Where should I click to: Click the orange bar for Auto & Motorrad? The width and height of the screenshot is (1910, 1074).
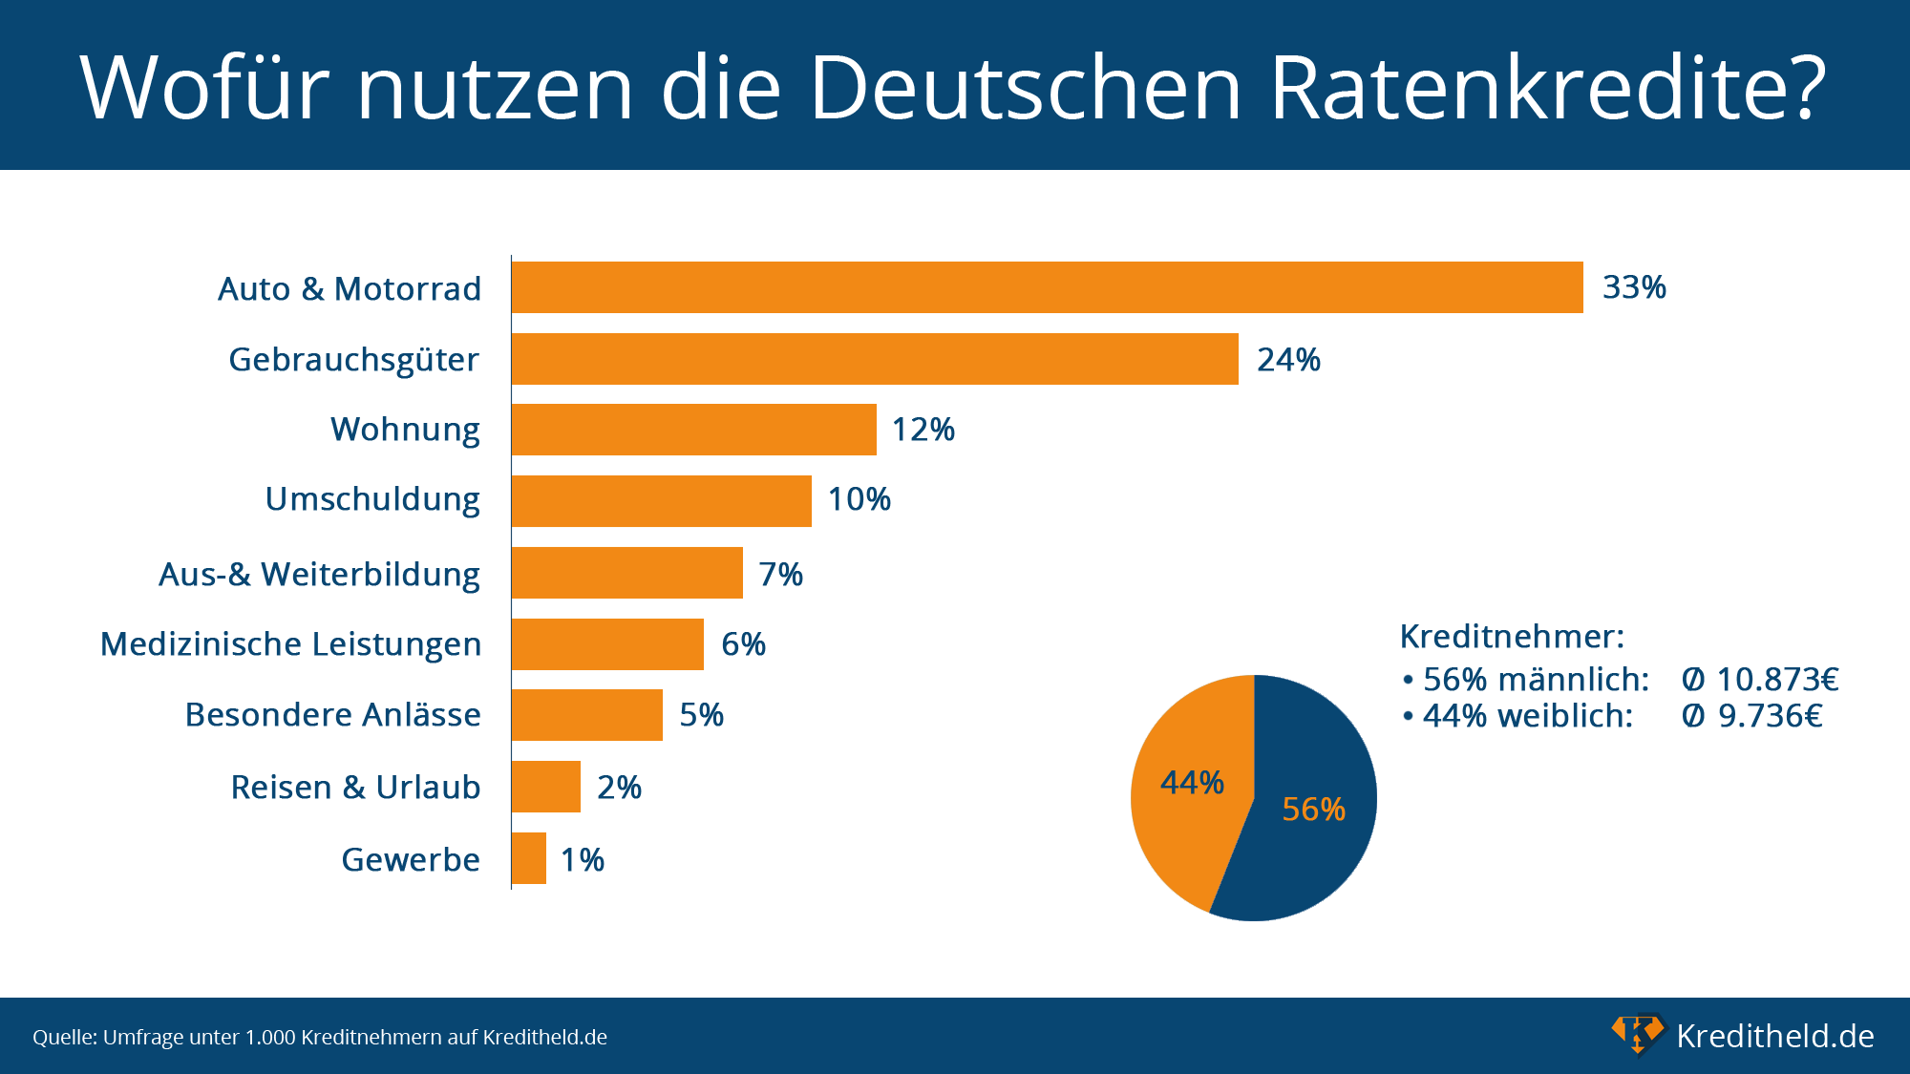point(1047,287)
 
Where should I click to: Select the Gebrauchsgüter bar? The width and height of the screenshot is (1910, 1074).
point(875,359)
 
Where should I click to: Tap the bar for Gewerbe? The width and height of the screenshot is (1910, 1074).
point(529,858)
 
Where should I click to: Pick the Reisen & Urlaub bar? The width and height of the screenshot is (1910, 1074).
point(546,787)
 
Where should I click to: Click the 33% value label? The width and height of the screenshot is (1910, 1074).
point(1634,287)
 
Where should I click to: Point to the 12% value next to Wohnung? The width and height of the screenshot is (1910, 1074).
point(923,430)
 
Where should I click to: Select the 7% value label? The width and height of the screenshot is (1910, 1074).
point(780,574)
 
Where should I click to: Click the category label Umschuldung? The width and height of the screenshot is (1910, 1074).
point(372,499)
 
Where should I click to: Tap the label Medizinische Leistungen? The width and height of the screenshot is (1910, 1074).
point(290,644)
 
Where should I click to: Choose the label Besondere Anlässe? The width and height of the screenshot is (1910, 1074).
point(332,715)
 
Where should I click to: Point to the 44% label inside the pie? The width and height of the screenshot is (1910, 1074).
point(1192,783)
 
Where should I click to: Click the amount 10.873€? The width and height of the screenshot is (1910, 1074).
point(1777,680)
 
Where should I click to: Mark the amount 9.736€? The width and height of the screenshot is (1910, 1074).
point(1770,716)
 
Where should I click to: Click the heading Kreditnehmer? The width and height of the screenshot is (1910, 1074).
point(1512,636)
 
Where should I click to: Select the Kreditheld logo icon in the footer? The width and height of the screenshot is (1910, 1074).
point(1637,1035)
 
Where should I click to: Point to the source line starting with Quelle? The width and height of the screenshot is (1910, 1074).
point(320,1037)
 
